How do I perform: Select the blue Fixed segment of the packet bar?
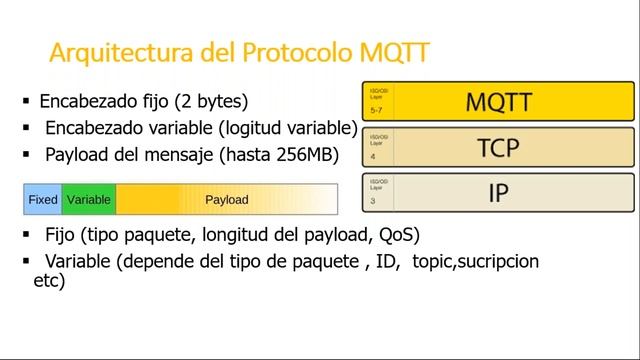(42, 199)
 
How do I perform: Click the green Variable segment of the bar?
(88, 199)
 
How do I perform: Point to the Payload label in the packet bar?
(226, 199)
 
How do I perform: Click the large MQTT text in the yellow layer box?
(498, 101)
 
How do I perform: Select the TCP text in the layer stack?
(498, 147)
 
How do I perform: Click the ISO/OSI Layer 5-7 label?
(377, 100)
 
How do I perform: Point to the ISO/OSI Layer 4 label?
(377, 146)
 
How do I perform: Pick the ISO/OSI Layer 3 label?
(377, 191)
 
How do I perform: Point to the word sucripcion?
(494, 261)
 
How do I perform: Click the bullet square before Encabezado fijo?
(26, 101)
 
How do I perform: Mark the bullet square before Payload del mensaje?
(26, 154)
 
